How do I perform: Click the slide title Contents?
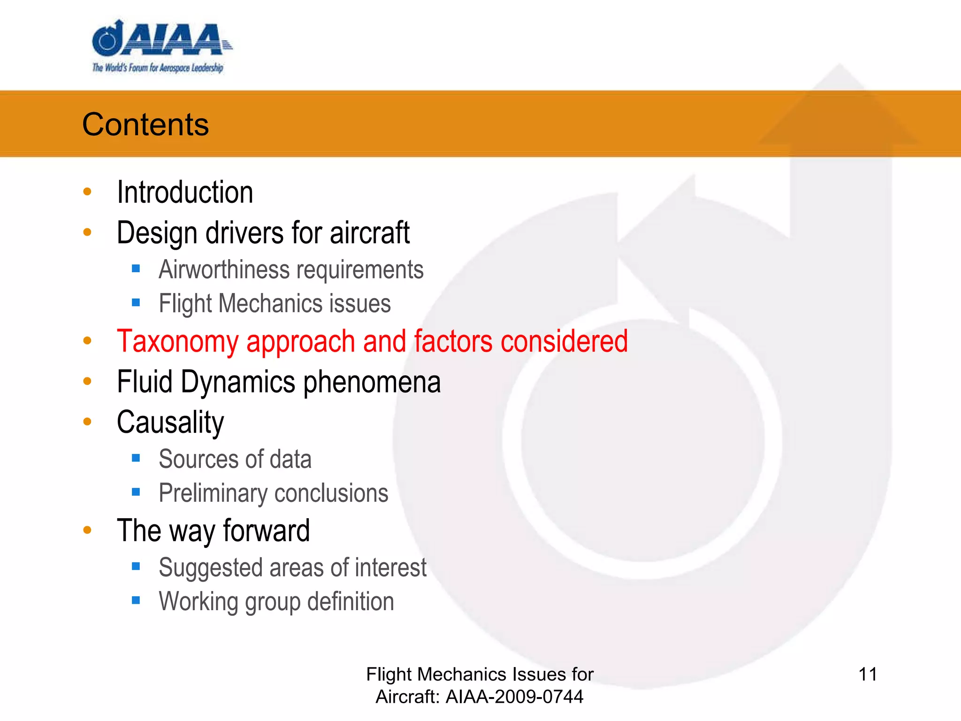coord(145,125)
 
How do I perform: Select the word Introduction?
coord(185,192)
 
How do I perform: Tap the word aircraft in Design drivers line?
coord(369,233)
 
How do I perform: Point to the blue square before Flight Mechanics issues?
coord(136,303)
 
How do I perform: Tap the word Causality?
coord(170,422)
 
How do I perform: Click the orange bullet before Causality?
coord(87,422)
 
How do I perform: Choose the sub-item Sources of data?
coord(235,459)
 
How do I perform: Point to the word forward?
coord(266,530)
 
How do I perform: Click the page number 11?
coord(867,675)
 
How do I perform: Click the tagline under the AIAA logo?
coord(158,68)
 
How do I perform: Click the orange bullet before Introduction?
coord(87,192)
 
